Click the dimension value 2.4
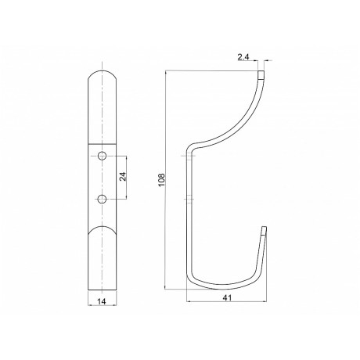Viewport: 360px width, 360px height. (x=243, y=57)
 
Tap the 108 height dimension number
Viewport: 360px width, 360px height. (x=162, y=180)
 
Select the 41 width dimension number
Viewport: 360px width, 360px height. (x=228, y=297)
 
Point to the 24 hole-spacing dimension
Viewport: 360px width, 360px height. (x=123, y=177)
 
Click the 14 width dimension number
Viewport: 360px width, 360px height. (x=102, y=301)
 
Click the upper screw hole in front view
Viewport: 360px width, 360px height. (x=102, y=156)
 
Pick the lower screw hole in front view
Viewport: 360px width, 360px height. (x=102, y=199)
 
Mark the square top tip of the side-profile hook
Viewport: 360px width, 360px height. (x=261, y=74)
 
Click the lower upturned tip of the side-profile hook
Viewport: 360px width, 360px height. (x=265, y=231)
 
